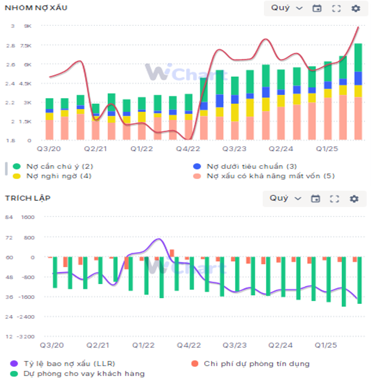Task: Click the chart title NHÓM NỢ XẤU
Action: pyautogui.click(x=36, y=8)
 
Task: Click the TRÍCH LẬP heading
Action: pyautogui.click(x=27, y=198)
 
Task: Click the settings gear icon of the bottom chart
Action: pyautogui.click(x=354, y=198)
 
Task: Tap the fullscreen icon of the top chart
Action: pyautogui.click(x=336, y=8)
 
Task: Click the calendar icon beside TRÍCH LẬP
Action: pyautogui.click(x=316, y=198)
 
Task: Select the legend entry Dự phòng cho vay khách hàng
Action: pyautogui.click(x=79, y=373)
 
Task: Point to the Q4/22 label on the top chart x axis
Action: pyautogui.click(x=188, y=148)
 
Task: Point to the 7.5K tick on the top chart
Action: pyautogui.click(x=26, y=45)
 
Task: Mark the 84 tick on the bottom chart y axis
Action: pyautogui.click(x=9, y=218)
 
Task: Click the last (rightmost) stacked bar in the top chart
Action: pyautogui.click(x=358, y=92)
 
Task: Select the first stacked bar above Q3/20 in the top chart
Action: pyautogui.click(x=49, y=119)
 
